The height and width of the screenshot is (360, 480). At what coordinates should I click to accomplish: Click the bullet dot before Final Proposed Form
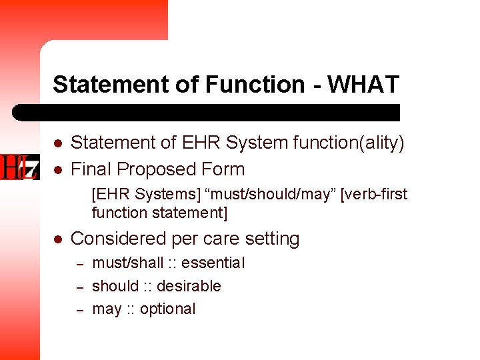[58, 170]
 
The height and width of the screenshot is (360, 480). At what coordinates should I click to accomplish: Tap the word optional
[168, 309]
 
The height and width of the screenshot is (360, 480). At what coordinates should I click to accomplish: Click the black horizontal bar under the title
[207, 112]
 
